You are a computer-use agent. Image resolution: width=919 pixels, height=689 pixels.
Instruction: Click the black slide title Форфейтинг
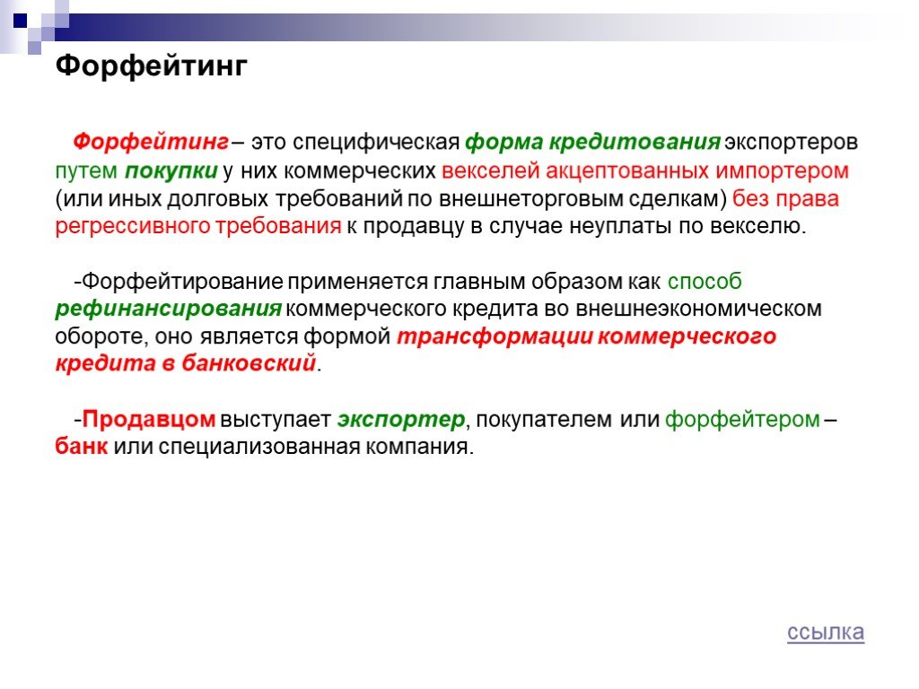(x=151, y=66)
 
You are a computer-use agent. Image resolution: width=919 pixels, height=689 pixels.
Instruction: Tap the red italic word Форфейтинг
(x=151, y=143)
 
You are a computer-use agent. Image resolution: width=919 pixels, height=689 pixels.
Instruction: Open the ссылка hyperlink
(x=826, y=632)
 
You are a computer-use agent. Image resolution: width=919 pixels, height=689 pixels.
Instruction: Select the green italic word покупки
(x=171, y=170)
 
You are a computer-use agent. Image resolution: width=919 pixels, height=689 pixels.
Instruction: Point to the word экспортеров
(x=792, y=143)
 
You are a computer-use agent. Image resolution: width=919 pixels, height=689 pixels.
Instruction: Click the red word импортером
(x=782, y=170)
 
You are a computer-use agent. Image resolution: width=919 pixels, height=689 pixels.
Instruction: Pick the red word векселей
(x=491, y=170)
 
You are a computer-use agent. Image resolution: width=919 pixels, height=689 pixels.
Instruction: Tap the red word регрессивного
(x=133, y=226)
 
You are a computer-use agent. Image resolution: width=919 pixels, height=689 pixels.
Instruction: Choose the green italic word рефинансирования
(x=168, y=309)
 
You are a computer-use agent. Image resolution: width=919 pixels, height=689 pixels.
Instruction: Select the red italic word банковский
(x=249, y=363)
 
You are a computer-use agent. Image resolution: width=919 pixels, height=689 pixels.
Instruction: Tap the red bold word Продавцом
(x=149, y=419)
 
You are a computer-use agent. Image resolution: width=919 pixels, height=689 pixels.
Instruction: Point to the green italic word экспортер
(x=401, y=420)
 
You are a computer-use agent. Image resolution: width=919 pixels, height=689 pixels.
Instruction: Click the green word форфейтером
(x=742, y=420)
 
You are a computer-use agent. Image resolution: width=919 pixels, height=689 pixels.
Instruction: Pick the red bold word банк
(x=82, y=447)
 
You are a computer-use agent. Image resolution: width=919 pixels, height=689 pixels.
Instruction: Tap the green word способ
(x=705, y=281)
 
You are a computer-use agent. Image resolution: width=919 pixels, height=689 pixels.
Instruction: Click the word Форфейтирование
(x=182, y=281)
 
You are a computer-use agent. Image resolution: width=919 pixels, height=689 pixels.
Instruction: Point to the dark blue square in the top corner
(x=21, y=21)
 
